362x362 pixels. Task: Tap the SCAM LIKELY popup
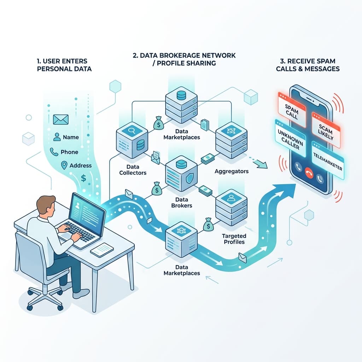click(x=326, y=130)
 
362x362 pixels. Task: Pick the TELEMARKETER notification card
click(x=328, y=160)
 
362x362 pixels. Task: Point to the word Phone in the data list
click(x=69, y=152)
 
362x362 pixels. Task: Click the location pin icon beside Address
click(x=64, y=165)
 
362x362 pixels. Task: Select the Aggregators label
click(x=232, y=171)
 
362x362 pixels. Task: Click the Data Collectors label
click(x=133, y=170)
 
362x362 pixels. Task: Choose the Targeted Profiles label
click(x=234, y=239)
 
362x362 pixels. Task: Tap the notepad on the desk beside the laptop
click(x=102, y=250)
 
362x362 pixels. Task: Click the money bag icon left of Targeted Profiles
click(x=208, y=224)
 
